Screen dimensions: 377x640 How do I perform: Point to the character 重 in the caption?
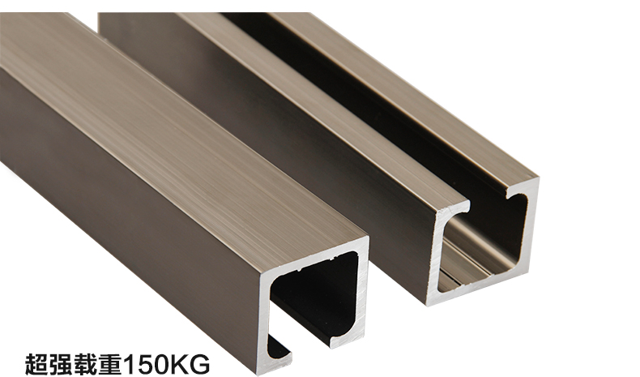[x=109, y=362]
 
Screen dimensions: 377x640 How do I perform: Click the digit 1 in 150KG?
[x=128, y=362]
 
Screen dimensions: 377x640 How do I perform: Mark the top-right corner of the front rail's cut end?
[x=365, y=242]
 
